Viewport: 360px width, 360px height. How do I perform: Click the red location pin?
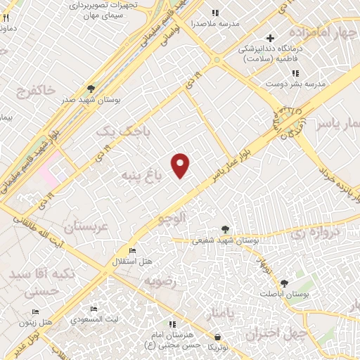pos(181,165)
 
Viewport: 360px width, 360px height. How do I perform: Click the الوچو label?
pos(175,219)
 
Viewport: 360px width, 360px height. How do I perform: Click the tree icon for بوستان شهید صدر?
pos(91,89)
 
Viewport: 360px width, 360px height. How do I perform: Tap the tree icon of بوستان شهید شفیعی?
pos(225,229)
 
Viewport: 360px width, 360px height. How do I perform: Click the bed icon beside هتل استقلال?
pos(131,251)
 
